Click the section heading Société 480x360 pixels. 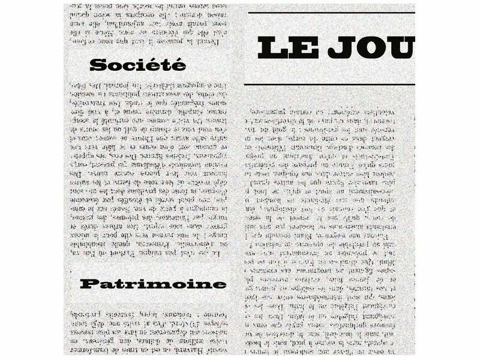click(x=137, y=65)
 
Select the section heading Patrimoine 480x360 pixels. click(x=153, y=283)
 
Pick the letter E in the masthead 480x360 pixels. click(x=304, y=48)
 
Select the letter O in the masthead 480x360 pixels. click(x=371, y=48)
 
